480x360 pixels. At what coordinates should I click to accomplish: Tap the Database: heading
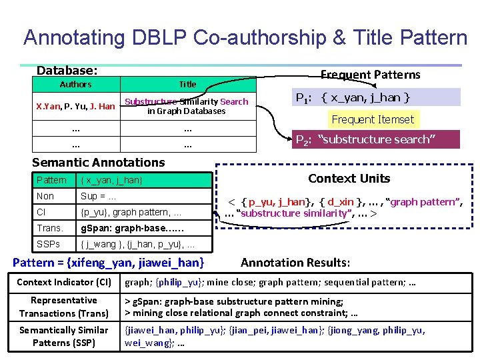pos(67,70)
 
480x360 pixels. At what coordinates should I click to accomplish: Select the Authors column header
pos(75,84)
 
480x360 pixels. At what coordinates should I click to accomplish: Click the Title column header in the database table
pos(187,84)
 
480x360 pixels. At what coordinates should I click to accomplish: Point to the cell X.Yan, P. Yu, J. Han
pos(75,106)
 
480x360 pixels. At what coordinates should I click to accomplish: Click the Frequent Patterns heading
pos(370,74)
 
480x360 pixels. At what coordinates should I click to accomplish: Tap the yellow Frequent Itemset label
pos(373,120)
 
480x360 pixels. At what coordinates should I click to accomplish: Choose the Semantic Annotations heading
pos(98,162)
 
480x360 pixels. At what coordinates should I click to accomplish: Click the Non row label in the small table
pos(45,196)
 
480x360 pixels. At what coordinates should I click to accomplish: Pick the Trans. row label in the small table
pos(50,228)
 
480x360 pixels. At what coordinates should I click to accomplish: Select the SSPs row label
pos(49,244)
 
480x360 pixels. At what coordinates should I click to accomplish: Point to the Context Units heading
pos(349,179)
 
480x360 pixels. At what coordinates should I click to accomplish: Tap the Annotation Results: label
pos(295,263)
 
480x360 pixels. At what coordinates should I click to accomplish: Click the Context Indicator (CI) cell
pos(64,282)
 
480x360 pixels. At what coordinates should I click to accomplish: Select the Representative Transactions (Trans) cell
pos(64,307)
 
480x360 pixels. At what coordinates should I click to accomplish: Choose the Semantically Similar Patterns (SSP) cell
pos(64,337)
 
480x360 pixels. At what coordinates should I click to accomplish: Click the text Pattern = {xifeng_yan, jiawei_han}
pos(109,263)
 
